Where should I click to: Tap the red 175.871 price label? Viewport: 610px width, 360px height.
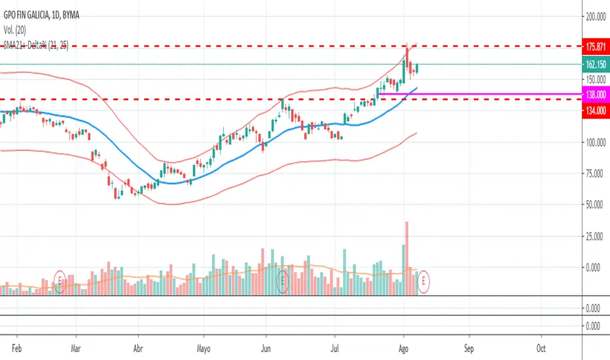coord(595,46)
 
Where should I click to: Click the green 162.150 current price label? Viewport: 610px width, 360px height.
coord(595,64)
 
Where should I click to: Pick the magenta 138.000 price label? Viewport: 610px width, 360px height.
coord(595,95)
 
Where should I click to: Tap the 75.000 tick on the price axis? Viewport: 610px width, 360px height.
coord(595,173)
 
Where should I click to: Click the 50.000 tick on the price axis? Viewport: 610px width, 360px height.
coord(595,205)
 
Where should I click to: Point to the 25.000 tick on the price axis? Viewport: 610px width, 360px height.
coord(595,236)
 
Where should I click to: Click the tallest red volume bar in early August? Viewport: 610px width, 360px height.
coord(407,258)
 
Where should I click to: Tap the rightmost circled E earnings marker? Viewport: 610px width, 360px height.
coord(425,281)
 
